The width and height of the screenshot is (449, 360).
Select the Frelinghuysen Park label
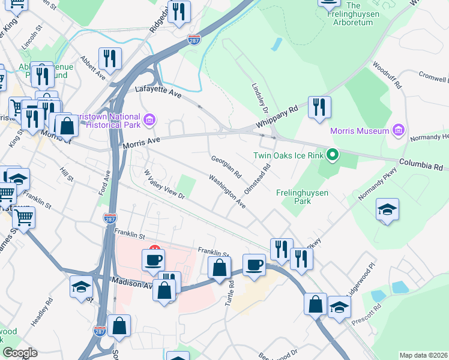[x=302, y=197]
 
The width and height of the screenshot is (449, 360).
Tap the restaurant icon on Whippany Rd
[x=319, y=107]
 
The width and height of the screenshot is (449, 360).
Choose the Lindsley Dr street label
[x=259, y=95]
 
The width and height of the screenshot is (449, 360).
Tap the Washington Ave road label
[x=227, y=191]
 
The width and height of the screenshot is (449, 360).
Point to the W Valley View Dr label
[x=164, y=184]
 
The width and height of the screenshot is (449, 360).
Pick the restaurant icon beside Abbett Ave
[x=110, y=58]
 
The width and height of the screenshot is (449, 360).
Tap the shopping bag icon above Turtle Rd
[x=219, y=268]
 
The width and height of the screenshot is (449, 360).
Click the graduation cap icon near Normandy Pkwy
[x=388, y=209]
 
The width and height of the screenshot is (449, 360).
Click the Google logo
[x=19, y=353]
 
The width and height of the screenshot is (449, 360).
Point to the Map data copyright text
[x=423, y=355]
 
